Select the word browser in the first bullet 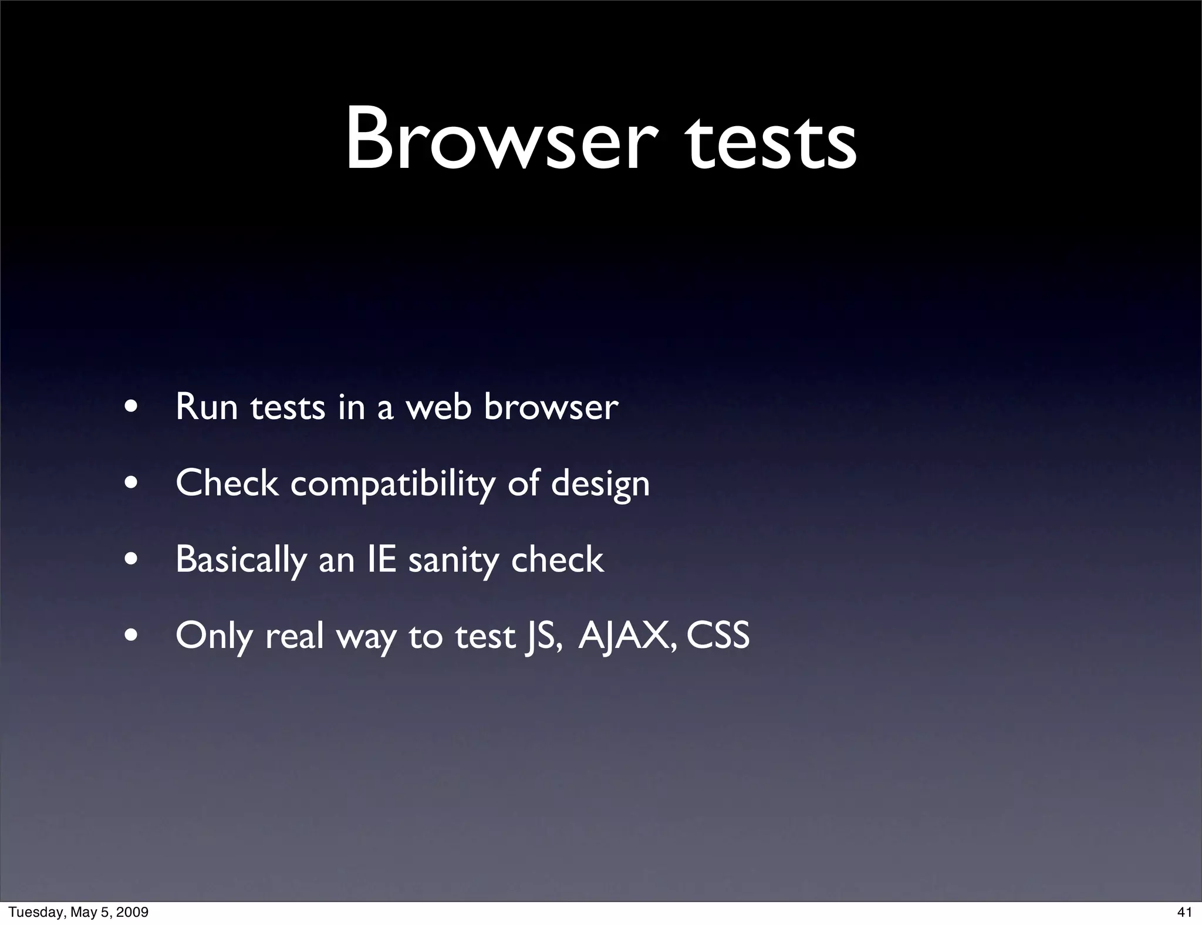(x=551, y=406)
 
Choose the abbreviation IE (x=381, y=559)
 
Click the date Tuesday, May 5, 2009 (x=78, y=912)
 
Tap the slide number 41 (x=1184, y=912)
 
